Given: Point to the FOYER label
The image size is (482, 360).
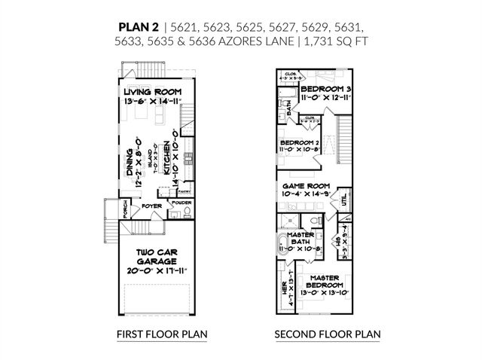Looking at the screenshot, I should (x=152, y=205).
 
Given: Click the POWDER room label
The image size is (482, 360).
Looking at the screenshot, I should (x=181, y=203).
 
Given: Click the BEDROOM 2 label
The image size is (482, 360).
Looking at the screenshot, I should (x=300, y=142).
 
